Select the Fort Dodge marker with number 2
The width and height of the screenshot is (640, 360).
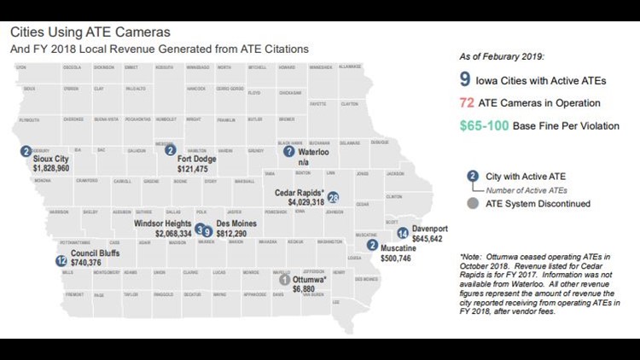pos(170,150)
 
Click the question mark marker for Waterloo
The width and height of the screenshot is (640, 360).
pos(288,151)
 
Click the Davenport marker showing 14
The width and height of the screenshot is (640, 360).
pos(403,233)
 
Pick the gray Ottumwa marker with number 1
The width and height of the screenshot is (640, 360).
pos(284,279)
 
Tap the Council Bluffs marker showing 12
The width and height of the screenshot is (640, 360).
pos(61,261)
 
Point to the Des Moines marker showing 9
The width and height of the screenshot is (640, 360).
pos(207,230)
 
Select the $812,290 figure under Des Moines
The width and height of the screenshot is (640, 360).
pos(232,233)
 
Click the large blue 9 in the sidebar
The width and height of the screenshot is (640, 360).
pos(465,81)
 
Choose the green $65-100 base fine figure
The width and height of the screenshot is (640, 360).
pos(490,125)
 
